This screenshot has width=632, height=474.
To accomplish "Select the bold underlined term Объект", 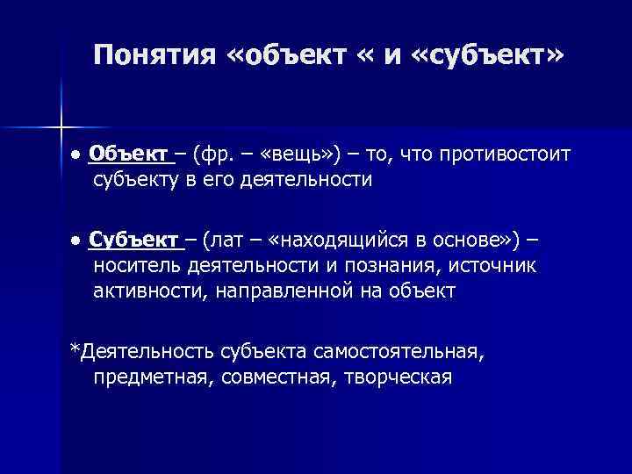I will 132,155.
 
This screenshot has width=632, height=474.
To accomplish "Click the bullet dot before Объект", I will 77,156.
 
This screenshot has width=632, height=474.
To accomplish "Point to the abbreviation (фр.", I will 212,155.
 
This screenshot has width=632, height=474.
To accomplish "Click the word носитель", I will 137,266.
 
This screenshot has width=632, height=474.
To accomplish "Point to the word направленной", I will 282,291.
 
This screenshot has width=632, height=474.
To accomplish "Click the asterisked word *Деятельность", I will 140,352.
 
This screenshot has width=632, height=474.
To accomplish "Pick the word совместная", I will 269,377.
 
